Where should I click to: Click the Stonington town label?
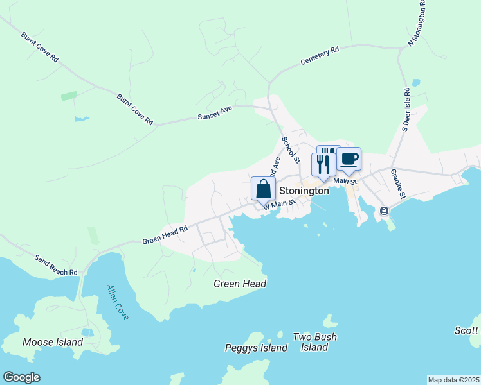(x=304, y=191)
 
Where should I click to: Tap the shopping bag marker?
(x=263, y=189)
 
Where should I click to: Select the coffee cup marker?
(x=349, y=159)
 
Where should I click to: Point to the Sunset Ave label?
(x=214, y=114)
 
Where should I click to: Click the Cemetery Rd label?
(x=320, y=56)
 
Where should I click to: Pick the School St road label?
(x=291, y=149)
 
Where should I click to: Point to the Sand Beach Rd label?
(x=56, y=264)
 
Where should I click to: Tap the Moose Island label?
(x=53, y=342)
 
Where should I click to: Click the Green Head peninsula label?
(x=240, y=284)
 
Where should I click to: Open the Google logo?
(x=21, y=377)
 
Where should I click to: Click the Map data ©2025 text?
(x=453, y=380)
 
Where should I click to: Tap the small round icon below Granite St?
(x=384, y=210)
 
